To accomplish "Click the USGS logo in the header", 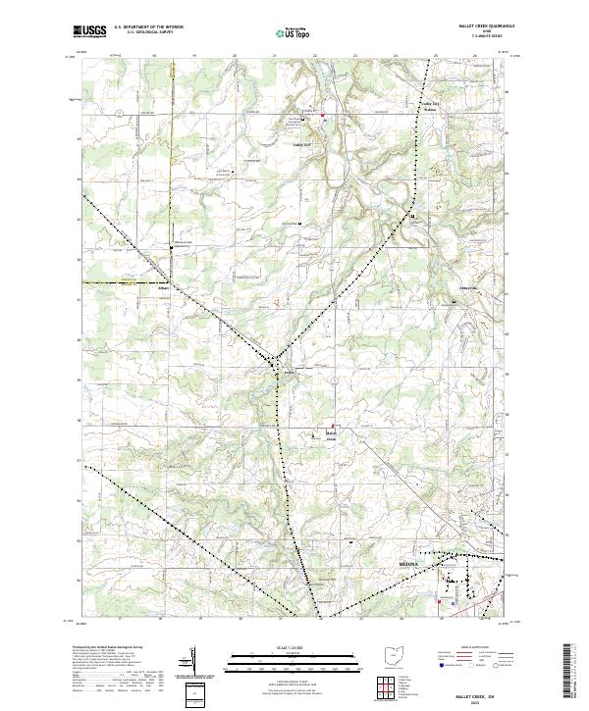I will (88, 31).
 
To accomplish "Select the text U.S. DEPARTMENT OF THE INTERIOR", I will (148, 27).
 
